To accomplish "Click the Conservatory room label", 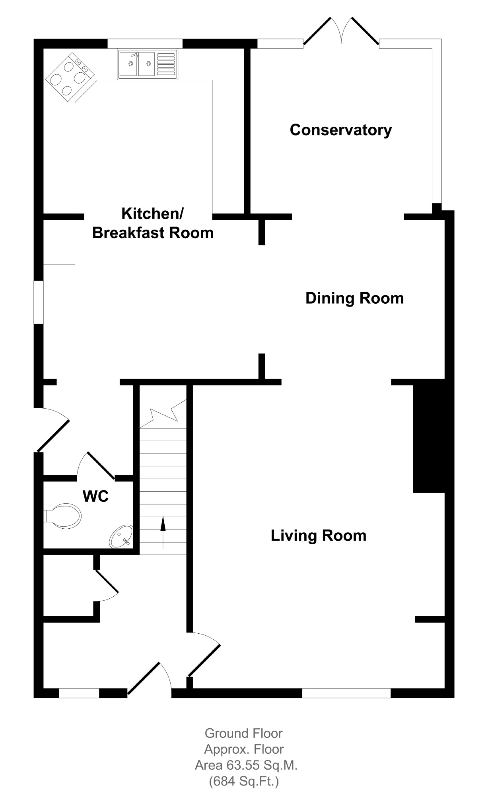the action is (341, 130).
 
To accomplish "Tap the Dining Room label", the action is (354, 298).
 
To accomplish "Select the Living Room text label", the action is (319, 535).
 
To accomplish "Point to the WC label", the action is (95, 496).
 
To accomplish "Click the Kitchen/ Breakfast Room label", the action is (153, 223).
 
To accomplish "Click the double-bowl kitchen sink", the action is (148, 64).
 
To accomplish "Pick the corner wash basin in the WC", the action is (122, 536).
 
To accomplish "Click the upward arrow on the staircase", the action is (163, 533).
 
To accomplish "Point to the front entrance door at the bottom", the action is (149, 679).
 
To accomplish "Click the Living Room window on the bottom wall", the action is (346, 693).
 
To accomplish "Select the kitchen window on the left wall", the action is (39, 302).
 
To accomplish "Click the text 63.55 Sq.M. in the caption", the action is (262, 765).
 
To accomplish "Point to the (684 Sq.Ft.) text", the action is (244, 782).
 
